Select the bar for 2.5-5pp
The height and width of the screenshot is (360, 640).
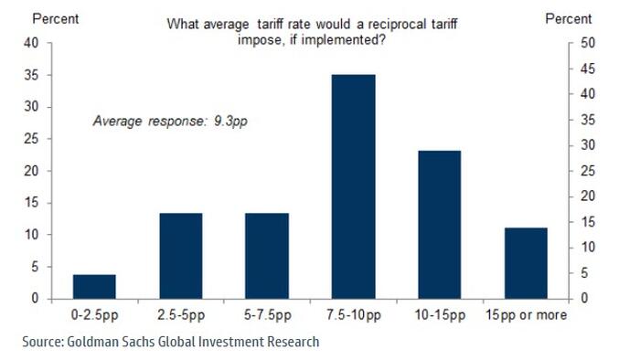click(x=180, y=256)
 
